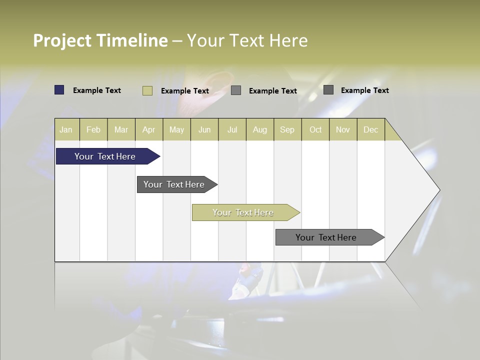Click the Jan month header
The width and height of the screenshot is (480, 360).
[x=66, y=129]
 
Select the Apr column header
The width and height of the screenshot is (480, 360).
[x=149, y=129]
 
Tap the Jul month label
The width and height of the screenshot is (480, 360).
[x=232, y=129]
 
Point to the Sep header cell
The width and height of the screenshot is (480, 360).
[x=287, y=129]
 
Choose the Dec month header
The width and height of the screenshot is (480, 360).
[x=370, y=129]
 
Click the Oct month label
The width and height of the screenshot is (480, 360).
[x=315, y=129]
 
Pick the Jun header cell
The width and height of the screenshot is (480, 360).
[x=204, y=129]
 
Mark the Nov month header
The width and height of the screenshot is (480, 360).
[x=343, y=129]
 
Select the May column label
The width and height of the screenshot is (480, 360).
[x=176, y=129]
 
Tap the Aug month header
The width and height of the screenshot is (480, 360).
[x=259, y=129]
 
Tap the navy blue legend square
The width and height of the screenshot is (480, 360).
[x=59, y=90]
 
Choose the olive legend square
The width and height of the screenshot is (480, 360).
[x=147, y=90]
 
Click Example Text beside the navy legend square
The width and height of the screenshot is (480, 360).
[x=97, y=90]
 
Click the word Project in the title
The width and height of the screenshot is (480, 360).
[x=62, y=40]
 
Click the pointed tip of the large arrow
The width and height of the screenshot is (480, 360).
[x=438, y=190]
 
